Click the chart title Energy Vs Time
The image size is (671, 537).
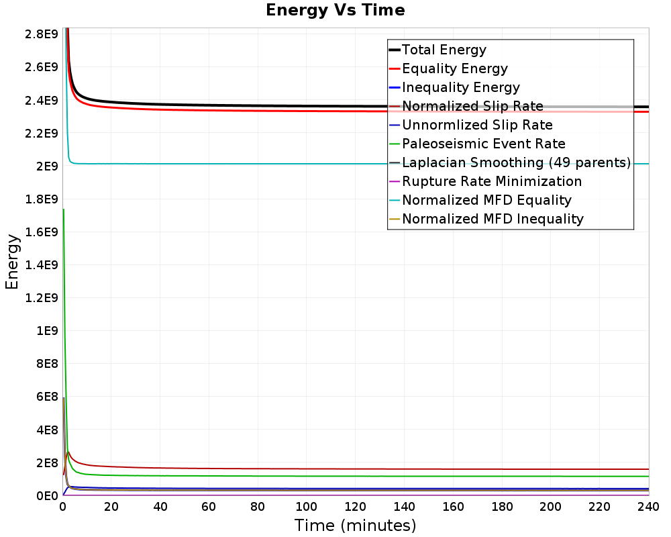tap(335, 10)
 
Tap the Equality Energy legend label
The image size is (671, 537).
tap(455, 68)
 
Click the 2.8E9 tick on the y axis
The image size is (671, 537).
tap(42, 34)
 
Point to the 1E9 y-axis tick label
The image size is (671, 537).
tap(47, 331)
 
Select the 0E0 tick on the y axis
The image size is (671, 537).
tap(47, 496)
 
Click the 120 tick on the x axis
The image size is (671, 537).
tap(355, 507)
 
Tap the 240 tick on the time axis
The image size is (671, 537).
tap(648, 507)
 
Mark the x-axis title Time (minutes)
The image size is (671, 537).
tap(355, 526)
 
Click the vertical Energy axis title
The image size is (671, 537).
tap(12, 262)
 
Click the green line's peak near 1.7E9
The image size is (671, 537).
tap(63, 209)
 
